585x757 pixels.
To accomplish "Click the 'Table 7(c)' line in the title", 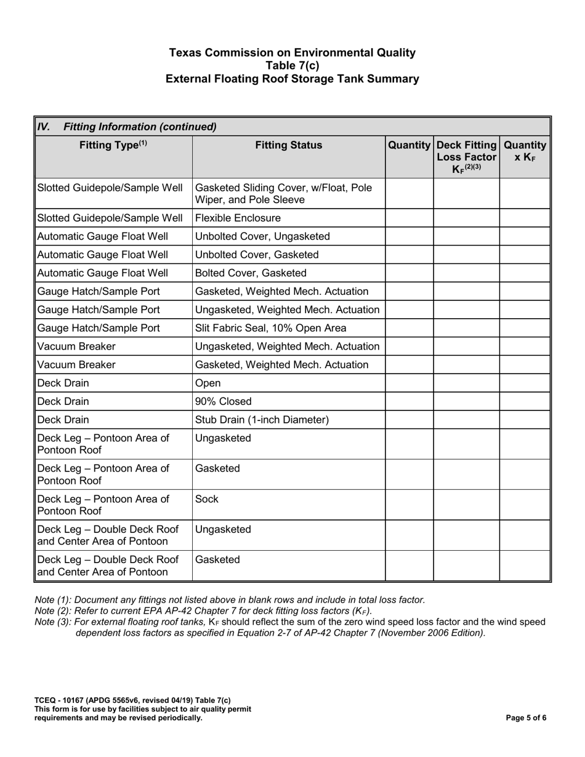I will pos(292,66).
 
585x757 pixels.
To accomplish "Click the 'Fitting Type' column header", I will pos(113,146).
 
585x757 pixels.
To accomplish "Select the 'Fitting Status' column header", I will pos(288,146).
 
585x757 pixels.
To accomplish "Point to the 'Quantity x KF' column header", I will pos(525,151).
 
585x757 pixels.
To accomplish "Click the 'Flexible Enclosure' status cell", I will pos(238,218).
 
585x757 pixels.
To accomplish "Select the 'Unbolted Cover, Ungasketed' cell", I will pos(262,236).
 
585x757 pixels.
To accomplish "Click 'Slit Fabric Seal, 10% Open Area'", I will pos(270,328).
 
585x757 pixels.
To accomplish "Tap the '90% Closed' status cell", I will pos(223,401).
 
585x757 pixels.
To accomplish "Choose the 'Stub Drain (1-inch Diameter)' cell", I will pos(262,420).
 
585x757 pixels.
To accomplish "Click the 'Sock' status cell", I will pos(206,499).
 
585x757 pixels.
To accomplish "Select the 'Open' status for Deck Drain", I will pos(208,383).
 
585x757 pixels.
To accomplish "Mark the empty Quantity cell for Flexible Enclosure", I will pos(409,218).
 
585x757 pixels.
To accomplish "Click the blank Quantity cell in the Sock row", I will pos(409,505).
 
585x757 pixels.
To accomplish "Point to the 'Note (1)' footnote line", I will pos(230,599).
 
